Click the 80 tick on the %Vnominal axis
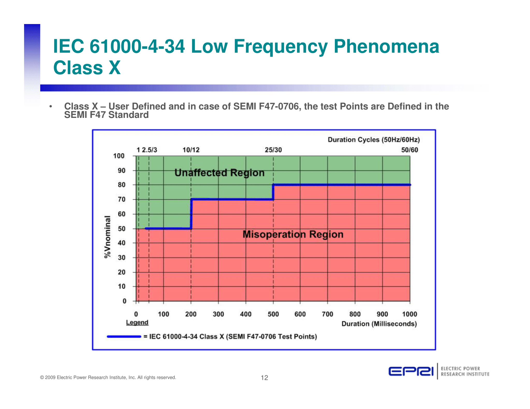(121, 185)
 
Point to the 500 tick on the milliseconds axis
(273, 314)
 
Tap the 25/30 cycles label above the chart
(273, 150)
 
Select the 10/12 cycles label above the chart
(191, 150)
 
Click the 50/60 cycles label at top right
(409, 150)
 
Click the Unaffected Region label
(219, 173)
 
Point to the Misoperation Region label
(293, 234)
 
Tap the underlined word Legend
(137, 322)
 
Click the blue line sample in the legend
(124, 337)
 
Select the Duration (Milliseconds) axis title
(379, 324)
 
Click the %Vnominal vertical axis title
(107, 237)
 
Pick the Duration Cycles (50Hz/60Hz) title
(374, 140)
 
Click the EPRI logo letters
(411, 372)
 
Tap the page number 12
(264, 378)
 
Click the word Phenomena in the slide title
(386, 47)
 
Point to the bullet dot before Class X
(51, 106)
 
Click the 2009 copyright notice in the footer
(108, 377)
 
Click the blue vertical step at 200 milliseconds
(191, 214)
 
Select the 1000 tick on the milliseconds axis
(409, 314)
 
